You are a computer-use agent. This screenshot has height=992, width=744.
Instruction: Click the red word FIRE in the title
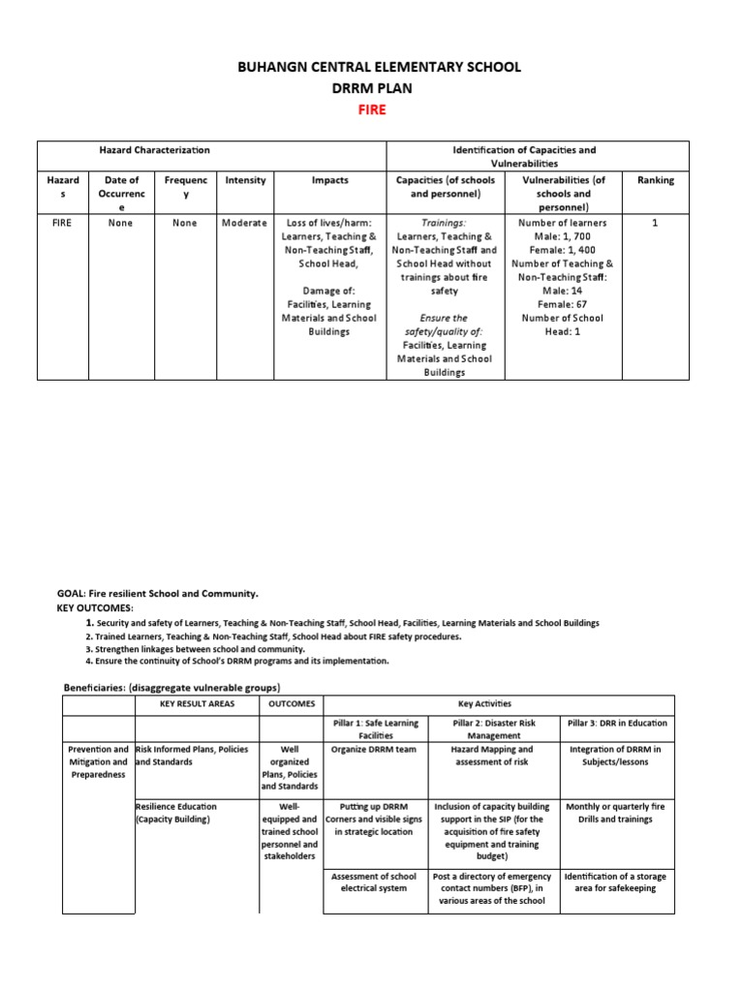pyautogui.click(x=372, y=109)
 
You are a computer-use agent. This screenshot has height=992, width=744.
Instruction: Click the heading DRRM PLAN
pyautogui.click(x=372, y=88)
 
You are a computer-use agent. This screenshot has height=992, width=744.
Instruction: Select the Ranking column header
pyautogui.click(x=655, y=180)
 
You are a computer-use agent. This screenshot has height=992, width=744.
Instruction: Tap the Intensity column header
pyautogui.click(x=245, y=180)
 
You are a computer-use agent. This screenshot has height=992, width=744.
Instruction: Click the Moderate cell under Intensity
pyautogui.click(x=245, y=223)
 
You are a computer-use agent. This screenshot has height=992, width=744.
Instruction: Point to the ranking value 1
pyautogui.click(x=655, y=223)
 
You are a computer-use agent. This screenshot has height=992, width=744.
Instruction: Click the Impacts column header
pyautogui.click(x=330, y=180)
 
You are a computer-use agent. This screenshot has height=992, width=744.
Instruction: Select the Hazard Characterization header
pyautogui.click(x=155, y=150)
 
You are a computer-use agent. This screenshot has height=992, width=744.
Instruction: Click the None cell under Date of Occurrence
pyautogui.click(x=121, y=223)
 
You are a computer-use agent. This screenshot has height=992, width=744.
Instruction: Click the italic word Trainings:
pyautogui.click(x=444, y=223)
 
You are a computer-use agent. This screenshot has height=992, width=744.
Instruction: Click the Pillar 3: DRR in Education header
pyautogui.click(x=616, y=723)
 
